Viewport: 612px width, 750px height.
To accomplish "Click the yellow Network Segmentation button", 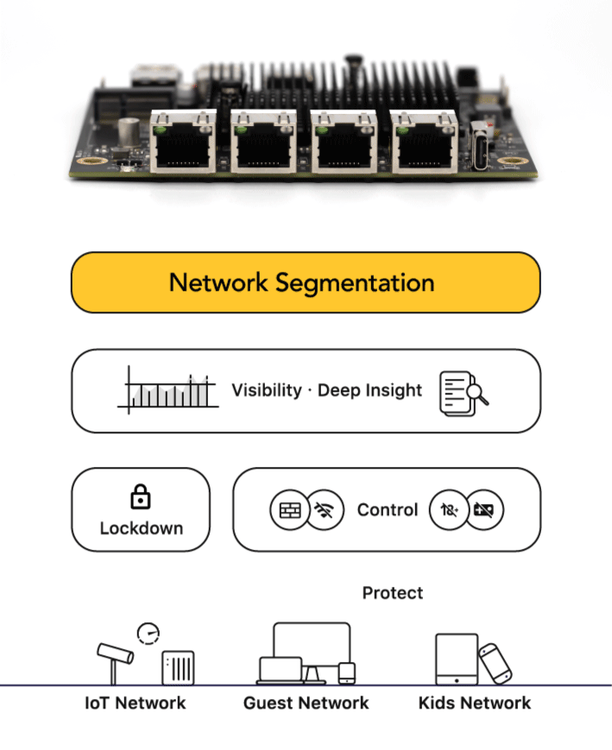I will pyautogui.click(x=305, y=282).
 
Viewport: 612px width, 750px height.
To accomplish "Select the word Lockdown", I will pyautogui.click(x=141, y=528).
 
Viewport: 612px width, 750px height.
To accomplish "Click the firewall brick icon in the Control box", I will pyautogui.click(x=287, y=511).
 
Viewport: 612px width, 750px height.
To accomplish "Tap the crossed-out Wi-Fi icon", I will pyautogui.click(x=325, y=511).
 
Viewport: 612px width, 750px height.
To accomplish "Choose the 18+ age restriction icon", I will pyautogui.click(x=449, y=511).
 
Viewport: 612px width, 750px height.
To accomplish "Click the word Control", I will pyautogui.click(x=388, y=510).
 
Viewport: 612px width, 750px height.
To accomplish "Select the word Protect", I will pyautogui.click(x=393, y=593).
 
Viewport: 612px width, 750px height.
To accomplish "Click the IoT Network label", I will pyautogui.click(x=136, y=703).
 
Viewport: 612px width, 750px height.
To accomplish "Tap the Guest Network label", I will pyautogui.click(x=306, y=703).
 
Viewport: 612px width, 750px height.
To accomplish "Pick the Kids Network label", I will pyautogui.click(x=475, y=703).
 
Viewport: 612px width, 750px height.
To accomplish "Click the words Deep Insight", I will pyautogui.click(x=370, y=390).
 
